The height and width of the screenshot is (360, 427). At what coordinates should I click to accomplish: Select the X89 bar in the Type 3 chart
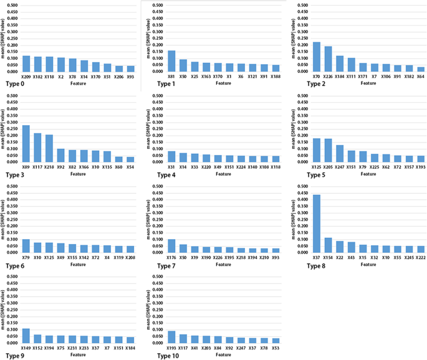point(26,143)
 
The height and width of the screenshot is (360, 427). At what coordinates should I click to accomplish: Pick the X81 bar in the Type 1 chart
point(171,61)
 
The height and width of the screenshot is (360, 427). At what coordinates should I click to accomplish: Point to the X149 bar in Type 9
point(26,336)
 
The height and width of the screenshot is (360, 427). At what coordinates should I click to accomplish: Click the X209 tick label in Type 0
point(26,77)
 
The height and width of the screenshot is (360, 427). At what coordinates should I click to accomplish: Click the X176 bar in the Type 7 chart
point(171,245)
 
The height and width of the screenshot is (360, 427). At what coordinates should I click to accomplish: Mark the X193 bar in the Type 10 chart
point(171,337)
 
